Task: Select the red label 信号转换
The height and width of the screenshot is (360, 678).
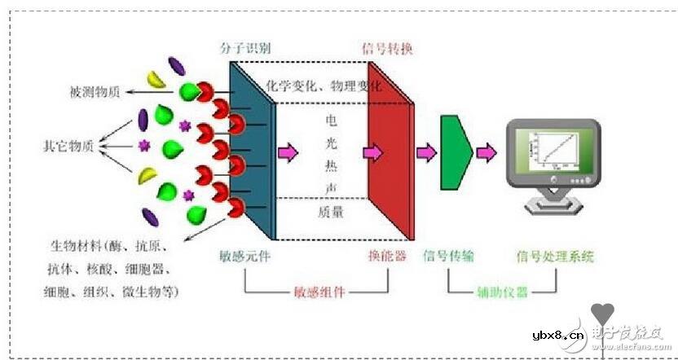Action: pyautogui.click(x=386, y=49)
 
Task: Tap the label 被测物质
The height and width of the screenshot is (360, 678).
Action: pyautogui.click(x=95, y=92)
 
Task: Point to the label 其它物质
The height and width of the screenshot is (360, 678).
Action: pyautogui.click(x=67, y=146)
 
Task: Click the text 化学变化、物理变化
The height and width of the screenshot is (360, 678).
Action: pyautogui.click(x=324, y=86)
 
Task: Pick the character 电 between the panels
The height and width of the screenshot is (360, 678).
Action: pyautogui.click(x=331, y=120)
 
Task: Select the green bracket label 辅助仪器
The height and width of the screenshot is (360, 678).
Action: pyautogui.click(x=502, y=291)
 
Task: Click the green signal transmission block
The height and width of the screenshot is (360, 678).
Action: pyautogui.click(x=456, y=151)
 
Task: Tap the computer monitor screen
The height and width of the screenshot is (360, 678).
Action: pyautogui.click(x=553, y=150)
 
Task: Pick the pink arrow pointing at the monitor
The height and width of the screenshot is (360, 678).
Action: pyautogui.click(x=486, y=151)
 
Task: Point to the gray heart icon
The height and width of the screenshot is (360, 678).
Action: pyautogui.click(x=603, y=313)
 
